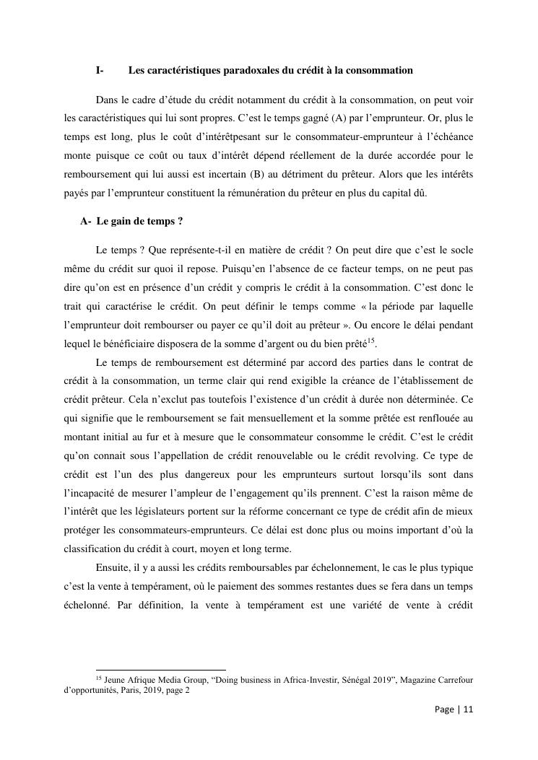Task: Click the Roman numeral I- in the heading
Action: point(100,71)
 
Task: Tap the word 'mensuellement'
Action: point(282,419)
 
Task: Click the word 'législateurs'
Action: point(181,512)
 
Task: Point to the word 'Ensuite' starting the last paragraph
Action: point(112,569)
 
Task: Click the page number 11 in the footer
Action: point(468,709)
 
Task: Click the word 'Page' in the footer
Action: point(445,709)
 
